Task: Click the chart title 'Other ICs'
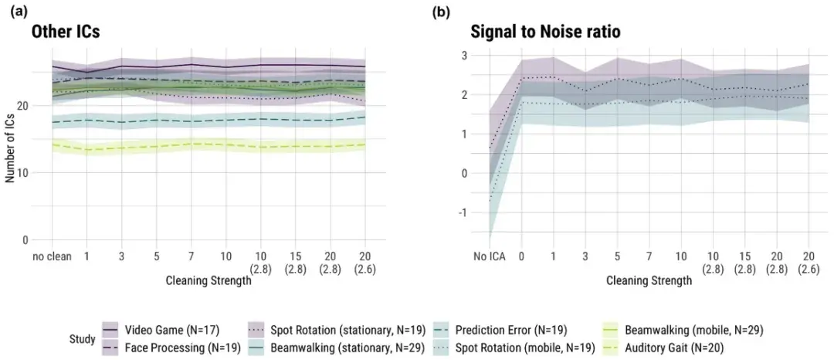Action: pyautogui.click(x=66, y=32)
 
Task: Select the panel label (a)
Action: pyautogui.click(x=19, y=12)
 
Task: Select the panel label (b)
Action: pyautogui.click(x=442, y=12)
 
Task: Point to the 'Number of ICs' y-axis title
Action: pyautogui.click(x=10, y=148)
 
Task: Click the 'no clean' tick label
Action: pyautogui.click(x=52, y=256)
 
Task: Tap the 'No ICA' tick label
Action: pyautogui.click(x=490, y=256)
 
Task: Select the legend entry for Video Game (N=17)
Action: pyautogui.click(x=161, y=328)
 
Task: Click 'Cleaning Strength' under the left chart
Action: pyautogui.click(x=208, y=280)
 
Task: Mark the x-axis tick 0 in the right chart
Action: pyautogui.click(x=522, y=256)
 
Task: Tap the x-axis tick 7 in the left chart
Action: pyautogui.click(x=191, y=256)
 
